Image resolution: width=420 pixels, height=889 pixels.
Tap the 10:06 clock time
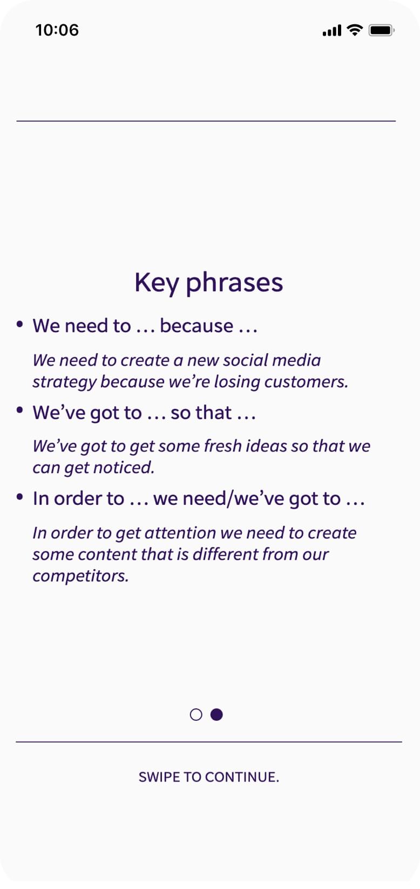pos(57,30)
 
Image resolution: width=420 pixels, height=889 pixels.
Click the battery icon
pos(382,30)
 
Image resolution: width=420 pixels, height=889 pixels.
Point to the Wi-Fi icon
pos(355,30)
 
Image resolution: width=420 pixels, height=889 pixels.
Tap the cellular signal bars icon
pos(332,31)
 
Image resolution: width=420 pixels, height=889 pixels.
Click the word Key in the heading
pos(157,283)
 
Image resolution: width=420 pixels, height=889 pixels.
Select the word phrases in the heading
pos(234,283)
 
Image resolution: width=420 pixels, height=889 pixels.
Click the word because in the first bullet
pos(197,326)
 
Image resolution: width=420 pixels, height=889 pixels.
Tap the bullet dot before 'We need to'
pos(19,324)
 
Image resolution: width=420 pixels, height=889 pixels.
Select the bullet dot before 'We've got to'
pos(19,411)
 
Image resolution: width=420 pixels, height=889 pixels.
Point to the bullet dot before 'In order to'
pos(19,497)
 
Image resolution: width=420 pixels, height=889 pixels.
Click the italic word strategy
pos(64,382)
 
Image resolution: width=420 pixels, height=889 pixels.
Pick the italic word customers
pos(306,382)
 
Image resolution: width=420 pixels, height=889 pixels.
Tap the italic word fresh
pos(223,446)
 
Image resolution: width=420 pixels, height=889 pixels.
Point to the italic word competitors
pos(80,577)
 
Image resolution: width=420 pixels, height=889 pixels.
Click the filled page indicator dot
pos(216,715)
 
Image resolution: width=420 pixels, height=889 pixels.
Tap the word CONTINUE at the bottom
pos(242,777)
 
